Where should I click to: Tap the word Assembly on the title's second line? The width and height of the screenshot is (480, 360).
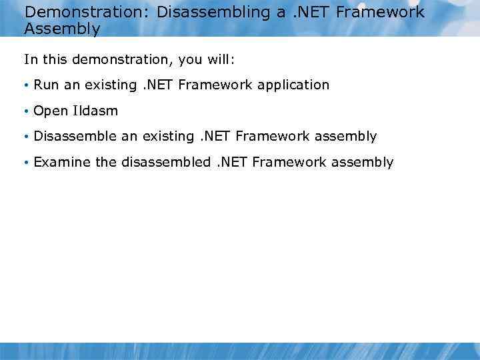pos(62,29)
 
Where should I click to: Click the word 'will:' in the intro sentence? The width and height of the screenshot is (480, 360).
pos(218,59)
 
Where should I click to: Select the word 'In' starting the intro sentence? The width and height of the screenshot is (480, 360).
pos(29,59)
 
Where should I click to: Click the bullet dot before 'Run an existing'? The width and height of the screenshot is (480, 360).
pos(25,85)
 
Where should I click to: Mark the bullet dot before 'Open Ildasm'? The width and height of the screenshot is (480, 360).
pos(25,111)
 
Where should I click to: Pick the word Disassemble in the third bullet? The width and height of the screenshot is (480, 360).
pos(75,136)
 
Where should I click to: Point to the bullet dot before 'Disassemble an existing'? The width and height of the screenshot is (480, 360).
pos(25,137)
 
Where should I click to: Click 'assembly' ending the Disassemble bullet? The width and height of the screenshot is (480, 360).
pos(345,137)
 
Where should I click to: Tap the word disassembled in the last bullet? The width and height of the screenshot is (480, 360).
pos(166,162)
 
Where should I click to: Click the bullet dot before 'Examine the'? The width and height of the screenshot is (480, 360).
pos(25,163)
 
